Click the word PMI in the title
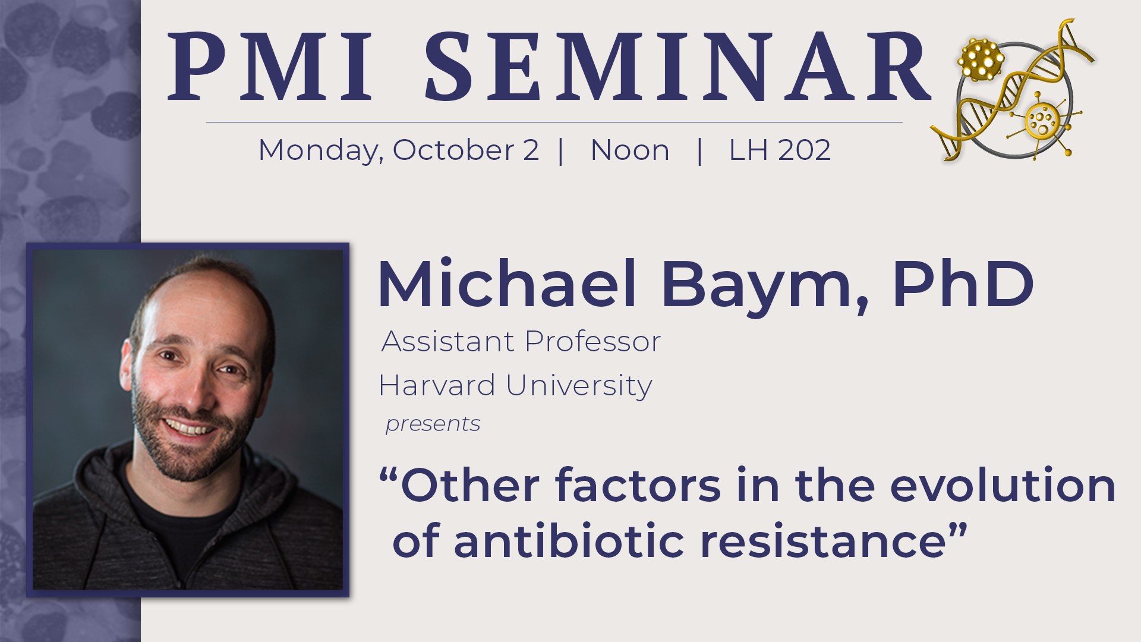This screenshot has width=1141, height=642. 271,67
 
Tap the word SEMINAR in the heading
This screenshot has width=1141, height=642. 677,67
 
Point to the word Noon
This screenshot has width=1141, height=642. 630,150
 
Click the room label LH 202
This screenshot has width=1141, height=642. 780,150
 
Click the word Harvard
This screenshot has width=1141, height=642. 437,385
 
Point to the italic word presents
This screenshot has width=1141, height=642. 433,424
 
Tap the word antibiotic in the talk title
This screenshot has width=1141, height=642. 569,541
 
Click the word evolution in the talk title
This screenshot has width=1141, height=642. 1003,485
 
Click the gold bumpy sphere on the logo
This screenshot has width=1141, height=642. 981,59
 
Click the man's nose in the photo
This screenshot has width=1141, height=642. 196,389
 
